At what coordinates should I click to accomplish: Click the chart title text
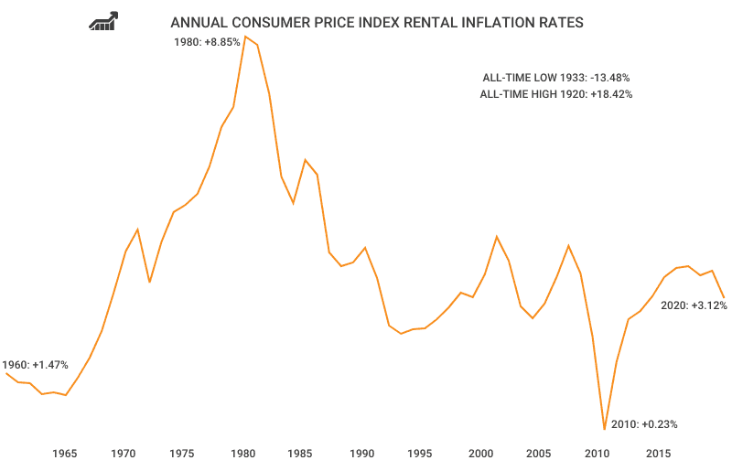376,22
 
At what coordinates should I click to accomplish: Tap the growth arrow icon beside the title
103,21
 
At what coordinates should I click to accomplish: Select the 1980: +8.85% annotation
207,41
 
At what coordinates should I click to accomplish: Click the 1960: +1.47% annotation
35,364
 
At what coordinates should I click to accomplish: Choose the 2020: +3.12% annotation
694,305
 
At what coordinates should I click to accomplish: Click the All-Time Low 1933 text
555,78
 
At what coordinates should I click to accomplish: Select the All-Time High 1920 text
555,94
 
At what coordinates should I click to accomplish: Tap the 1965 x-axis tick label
64,454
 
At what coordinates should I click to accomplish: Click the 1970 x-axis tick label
124,454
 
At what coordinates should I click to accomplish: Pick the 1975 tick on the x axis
183,454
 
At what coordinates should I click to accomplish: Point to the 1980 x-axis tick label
242,454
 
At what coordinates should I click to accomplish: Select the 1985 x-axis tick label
302,454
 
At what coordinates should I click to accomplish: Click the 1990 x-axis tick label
361,454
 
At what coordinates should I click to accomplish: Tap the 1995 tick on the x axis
421,454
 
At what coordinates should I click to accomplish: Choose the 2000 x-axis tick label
480,454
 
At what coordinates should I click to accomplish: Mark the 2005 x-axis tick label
540,454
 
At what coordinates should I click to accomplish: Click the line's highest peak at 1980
245,37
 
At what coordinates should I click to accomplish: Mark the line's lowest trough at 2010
605,428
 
